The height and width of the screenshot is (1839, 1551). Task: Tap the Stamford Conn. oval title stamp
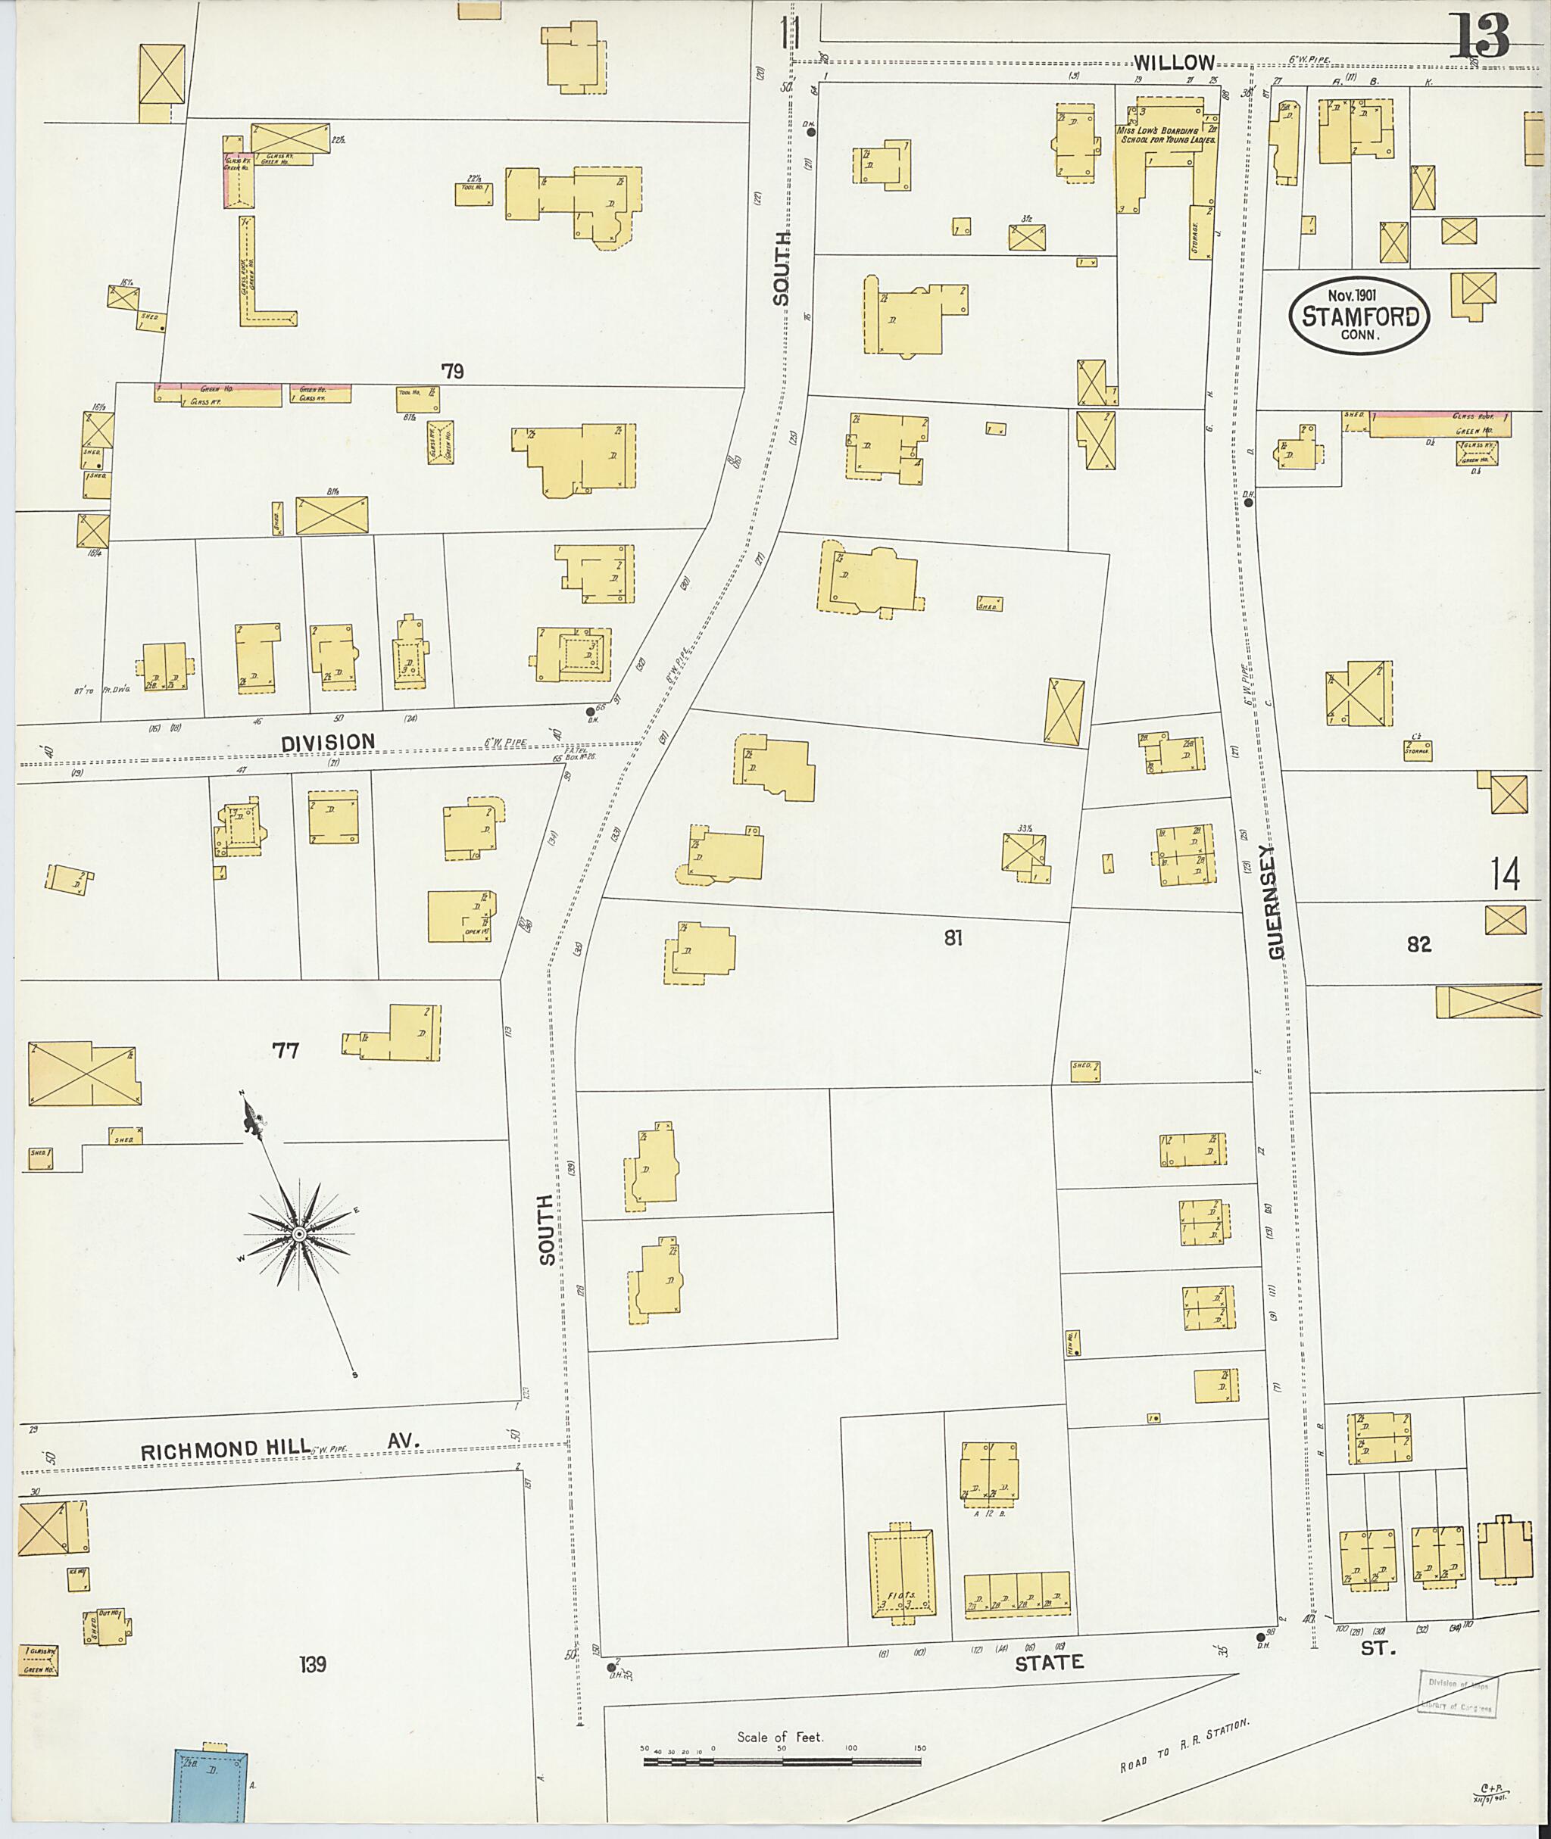1359,316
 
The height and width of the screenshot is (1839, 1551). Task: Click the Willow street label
1174,62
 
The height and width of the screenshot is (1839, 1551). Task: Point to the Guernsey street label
1276,902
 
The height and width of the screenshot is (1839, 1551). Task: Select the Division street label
327,743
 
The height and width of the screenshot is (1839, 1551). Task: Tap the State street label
1049,1663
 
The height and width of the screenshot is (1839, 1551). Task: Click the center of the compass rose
299,1235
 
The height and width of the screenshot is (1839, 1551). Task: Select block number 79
452,371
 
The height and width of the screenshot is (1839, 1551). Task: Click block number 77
286,1049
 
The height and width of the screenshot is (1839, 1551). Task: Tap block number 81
953,938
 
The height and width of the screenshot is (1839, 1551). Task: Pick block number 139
312,1663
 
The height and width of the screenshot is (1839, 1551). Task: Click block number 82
1418,944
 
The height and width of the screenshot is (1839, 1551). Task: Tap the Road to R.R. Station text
1184,1747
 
